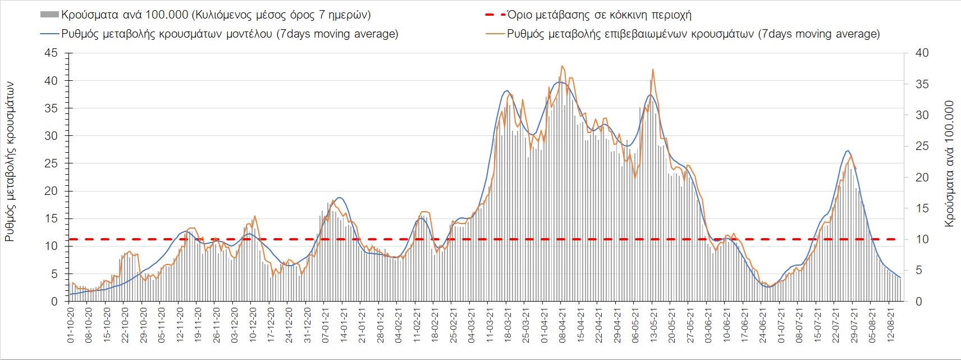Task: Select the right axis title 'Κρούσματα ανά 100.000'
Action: [949, 164]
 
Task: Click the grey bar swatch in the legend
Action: [49, 14]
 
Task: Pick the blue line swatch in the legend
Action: [49, 34]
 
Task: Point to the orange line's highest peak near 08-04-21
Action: [562, 66]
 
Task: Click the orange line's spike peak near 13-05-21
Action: [653, 69]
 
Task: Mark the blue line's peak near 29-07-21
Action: [848, 151]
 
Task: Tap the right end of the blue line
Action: [900, 277]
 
